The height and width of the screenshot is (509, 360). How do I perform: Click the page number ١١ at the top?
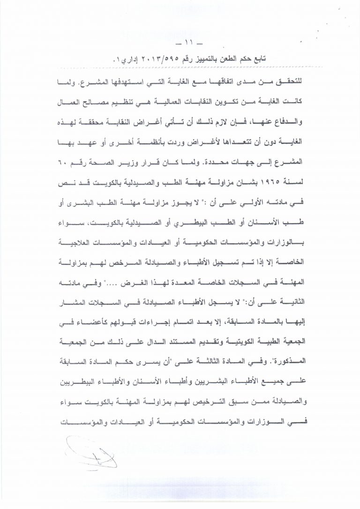coord(179,46)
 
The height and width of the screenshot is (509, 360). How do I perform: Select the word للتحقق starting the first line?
coord(292,76)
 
